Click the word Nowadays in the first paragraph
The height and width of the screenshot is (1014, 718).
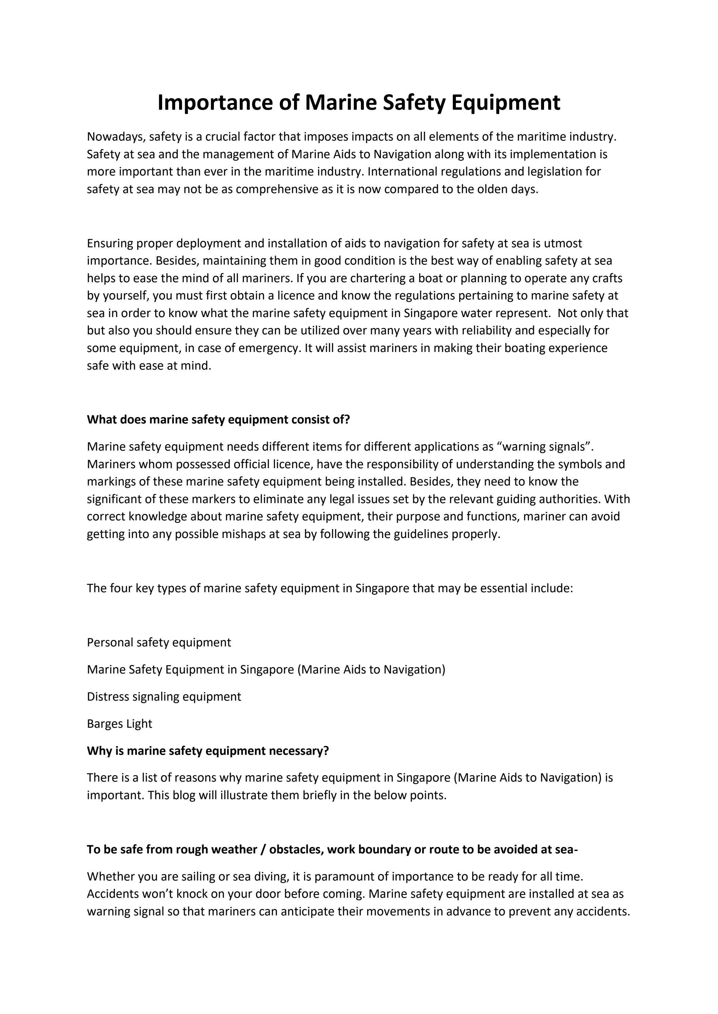116,137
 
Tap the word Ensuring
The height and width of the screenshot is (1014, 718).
109,243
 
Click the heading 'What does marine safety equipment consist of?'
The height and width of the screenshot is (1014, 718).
218,419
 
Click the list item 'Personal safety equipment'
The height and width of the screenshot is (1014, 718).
159,642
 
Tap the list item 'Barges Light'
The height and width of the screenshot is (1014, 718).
119,723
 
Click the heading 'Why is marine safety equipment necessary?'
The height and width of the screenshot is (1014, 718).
208,751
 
